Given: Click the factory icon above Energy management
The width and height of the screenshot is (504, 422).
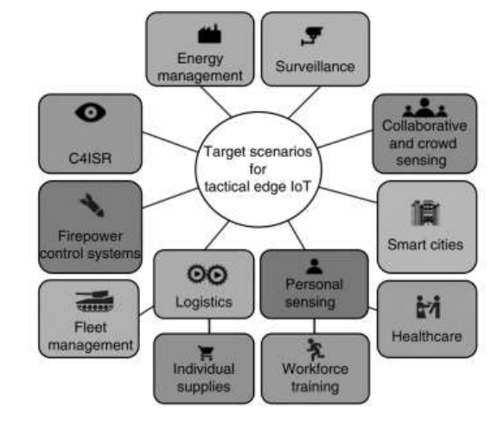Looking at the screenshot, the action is (209, 34).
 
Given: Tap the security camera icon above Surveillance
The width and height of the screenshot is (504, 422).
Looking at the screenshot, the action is (312, 35).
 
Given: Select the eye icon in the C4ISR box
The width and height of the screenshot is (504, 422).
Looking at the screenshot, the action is (90, 112).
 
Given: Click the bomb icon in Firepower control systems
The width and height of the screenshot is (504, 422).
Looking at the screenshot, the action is (92, 205).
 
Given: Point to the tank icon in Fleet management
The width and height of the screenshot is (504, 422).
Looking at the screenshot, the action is (94, 300).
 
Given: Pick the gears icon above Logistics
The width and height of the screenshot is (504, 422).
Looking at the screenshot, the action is (207, 274).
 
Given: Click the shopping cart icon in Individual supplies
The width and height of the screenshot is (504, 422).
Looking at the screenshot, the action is (206, 353).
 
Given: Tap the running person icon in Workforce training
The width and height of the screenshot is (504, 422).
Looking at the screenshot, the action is (315, 350).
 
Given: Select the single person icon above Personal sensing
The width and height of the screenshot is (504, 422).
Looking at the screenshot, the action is (315, 267).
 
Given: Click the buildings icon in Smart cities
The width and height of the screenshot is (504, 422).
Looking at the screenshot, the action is (425, 212).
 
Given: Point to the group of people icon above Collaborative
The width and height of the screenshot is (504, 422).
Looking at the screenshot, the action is (424, 108).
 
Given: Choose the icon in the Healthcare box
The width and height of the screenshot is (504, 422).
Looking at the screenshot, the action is (428, 306).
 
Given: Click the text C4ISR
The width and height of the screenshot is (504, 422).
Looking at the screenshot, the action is (90, 158).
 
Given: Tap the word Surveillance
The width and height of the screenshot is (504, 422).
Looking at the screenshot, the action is (315, 66).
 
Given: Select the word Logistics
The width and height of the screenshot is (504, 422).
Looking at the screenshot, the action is (204, 302).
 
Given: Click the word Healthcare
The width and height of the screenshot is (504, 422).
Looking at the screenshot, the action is (427, 337).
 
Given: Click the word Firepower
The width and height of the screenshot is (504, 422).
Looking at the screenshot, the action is (90, 236).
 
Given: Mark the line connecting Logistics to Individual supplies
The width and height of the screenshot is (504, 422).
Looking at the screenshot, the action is (209, 326).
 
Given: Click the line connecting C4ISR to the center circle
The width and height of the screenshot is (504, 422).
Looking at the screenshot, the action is (169, 142).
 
